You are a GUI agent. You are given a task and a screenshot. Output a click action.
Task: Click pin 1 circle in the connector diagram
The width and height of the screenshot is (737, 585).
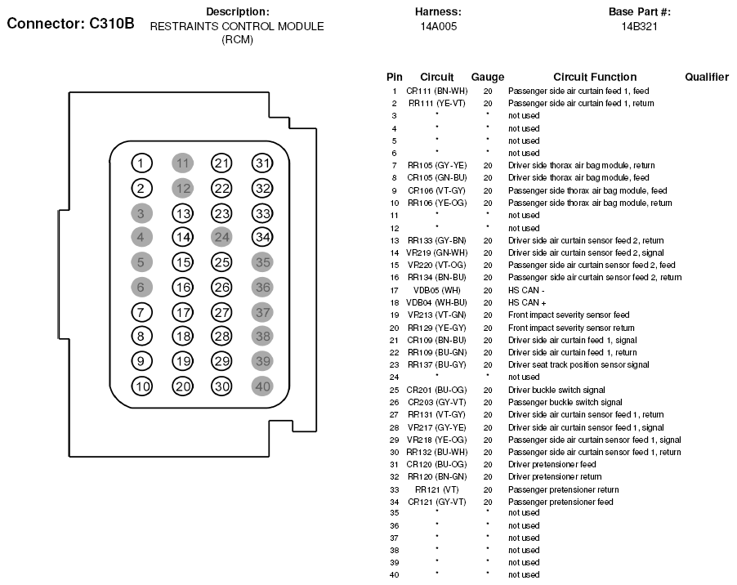pos(142,163)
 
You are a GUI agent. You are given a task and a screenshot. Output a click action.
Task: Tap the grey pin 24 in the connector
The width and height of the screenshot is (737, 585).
pos(222,238)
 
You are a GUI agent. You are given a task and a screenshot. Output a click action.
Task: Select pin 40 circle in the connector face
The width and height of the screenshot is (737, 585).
pos(261,386)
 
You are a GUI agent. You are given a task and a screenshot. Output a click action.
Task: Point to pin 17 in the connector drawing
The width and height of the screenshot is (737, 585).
pos(182,312)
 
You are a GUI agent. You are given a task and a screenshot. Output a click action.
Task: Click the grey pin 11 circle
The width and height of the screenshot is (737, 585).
pos(182,163)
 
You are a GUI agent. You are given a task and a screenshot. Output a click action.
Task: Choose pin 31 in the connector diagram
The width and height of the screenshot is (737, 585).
pos(261,163)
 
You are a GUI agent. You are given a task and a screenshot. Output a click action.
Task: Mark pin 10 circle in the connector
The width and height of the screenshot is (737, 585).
pos(142,386)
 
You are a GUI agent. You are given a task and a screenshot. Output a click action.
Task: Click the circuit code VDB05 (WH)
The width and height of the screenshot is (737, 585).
pos(437,290)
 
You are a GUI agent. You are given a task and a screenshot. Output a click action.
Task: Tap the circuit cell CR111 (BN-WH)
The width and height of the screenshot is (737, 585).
pos(437,91)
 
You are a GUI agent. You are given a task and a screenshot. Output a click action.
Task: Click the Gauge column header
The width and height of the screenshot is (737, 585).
pos(488,77)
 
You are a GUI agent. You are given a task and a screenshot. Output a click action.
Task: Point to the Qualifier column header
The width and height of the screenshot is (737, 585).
pos(707,77)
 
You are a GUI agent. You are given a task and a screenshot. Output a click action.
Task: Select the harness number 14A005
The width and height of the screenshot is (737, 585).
pos(438,26)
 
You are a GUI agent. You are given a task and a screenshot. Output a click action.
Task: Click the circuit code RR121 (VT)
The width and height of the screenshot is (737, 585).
pos(437,489)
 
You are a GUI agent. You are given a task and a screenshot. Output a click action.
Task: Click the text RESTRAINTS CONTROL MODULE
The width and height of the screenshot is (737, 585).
pos(237,26)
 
